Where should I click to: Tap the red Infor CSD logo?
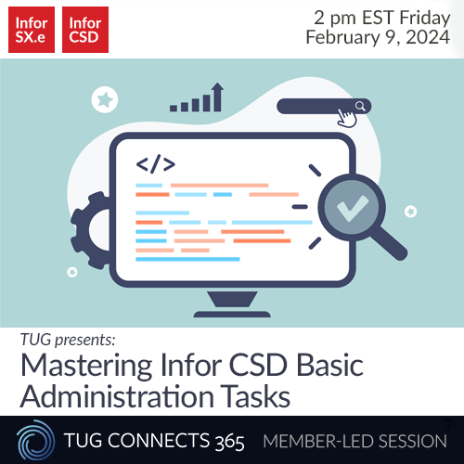click(86, 30)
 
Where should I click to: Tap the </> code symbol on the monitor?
click(155, 165)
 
